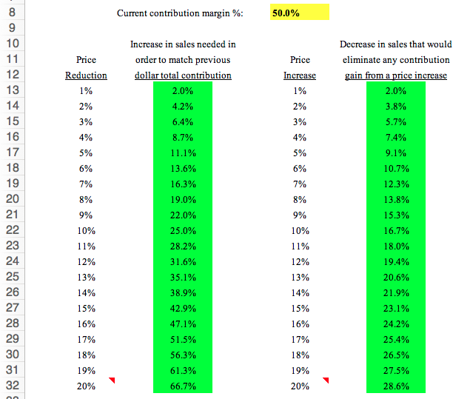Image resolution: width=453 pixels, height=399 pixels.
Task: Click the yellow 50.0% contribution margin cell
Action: pos(299,13)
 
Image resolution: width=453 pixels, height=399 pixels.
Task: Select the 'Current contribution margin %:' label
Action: pos(180,13)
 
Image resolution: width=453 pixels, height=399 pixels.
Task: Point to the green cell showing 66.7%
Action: pos(182,386)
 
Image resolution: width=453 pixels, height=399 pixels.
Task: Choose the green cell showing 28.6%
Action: pos(396,386)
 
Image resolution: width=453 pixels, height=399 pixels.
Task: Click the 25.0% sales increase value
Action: pos(182,230)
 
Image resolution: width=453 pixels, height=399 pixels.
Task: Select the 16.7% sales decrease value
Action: pos(396,230)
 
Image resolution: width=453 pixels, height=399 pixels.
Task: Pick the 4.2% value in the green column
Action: pos(182,106)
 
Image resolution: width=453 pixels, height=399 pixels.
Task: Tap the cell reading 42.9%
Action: pos(182,309)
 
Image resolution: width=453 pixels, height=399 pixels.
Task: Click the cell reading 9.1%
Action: pos(396,152)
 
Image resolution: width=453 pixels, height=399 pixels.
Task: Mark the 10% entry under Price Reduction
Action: pos(86,230)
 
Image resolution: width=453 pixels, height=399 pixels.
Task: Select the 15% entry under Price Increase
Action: pos(300,309)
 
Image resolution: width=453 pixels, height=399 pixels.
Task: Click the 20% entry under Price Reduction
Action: pos(86,386)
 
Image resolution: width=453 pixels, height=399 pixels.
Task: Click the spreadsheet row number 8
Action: pos(10,13)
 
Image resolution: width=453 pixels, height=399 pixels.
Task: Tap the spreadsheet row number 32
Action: pos(10,386)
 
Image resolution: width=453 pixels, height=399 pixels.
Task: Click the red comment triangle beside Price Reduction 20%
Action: pos(113,380)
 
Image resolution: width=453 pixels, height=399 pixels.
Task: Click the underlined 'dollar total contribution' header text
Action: pos(183,76)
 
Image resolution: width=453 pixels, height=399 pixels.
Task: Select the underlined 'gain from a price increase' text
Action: pos(396,76)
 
